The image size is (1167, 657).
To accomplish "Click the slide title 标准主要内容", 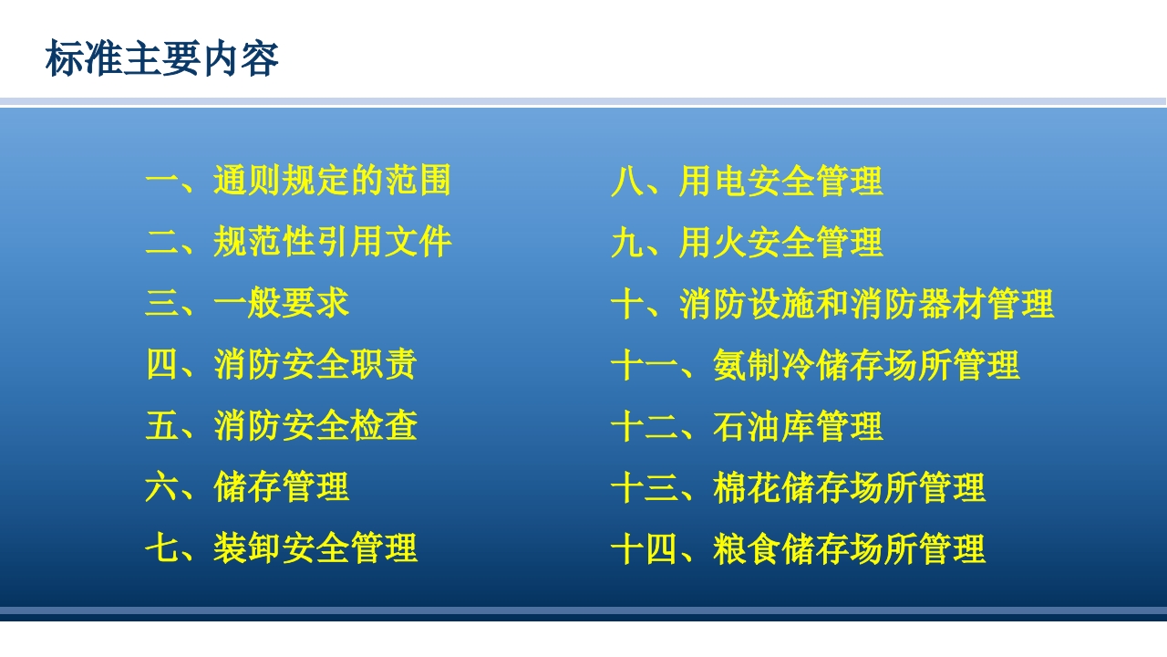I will click(161, 59).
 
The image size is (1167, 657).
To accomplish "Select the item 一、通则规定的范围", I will click(298, 181).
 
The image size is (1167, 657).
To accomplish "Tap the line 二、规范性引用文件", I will click(298, 242).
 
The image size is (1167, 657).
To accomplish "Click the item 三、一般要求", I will click(247, 303).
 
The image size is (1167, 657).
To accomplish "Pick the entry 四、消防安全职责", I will click(281, 364).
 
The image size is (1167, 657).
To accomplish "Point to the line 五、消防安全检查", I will click(281, 425).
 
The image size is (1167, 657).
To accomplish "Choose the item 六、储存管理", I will click(247, 486).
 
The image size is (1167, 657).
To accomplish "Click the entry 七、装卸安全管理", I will click(281, 547).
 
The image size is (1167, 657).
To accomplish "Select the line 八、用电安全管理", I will click(747, 181).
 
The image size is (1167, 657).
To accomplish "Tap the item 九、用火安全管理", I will click(747, 242).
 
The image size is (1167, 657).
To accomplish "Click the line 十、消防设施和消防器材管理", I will click(831, 303).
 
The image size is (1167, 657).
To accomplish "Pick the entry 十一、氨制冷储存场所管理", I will click(815, 365).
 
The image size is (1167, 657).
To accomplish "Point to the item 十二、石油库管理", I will click(747, 426).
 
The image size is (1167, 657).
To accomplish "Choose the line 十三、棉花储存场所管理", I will click(798, 487).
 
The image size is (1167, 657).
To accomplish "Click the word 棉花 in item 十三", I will click(747, 487).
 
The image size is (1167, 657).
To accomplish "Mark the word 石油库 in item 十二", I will click(764, 426).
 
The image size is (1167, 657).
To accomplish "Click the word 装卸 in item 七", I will click(247, 547).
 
